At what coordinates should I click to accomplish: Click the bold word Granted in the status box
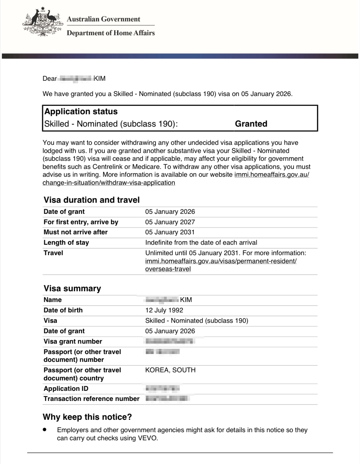(x=251, y=124)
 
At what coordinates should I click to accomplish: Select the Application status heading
(x=81, y=112)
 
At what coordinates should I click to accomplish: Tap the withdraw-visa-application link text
(x=109, y=183)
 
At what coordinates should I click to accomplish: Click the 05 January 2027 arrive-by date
(x=170, y=222)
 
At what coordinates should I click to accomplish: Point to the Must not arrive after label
(x=76, y=232)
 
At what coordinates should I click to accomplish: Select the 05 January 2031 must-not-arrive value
(x=170, y=232)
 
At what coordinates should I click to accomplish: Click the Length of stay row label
(x=66, y=242)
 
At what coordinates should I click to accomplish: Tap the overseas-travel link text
(x=168, y=269)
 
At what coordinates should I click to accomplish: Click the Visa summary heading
(x=72, y=288)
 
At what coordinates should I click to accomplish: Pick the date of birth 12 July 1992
(x=164, y=310)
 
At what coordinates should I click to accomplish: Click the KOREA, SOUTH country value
(x=170, y=370)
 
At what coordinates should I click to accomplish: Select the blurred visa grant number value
(x=170, y=341)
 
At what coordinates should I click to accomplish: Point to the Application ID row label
(x=66, y=389)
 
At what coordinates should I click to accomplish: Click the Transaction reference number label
(x=91, y=399)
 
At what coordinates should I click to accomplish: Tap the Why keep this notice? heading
(x=87, y=417)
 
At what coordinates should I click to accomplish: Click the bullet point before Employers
(x=45, y=430)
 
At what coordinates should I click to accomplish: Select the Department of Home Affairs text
(x=111, y=33)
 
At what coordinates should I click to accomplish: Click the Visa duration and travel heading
(x=91, y=200)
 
